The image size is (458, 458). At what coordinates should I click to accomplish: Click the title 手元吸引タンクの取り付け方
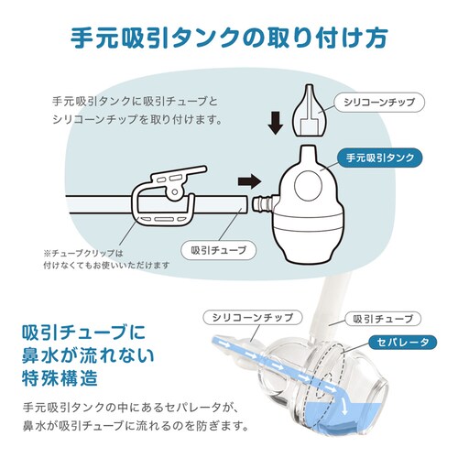229,39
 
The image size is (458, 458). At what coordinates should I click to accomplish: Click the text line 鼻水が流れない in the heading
88,353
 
